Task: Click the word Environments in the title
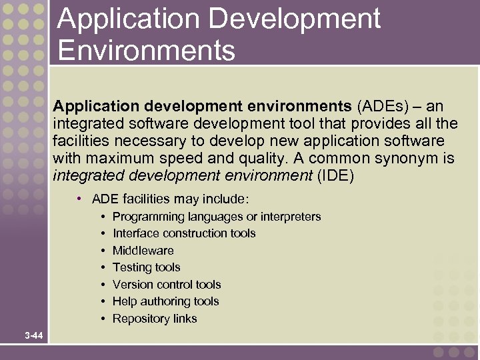(146, 50)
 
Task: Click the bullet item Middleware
(143, 251)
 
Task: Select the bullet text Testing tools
(146, 267)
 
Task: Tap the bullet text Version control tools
(167, 285)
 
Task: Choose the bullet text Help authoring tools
(165, 301)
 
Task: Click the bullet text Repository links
(155, 319)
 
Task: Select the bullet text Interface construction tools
(184, 233)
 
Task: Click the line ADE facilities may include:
(170, 199)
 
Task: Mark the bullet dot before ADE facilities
(79, 199)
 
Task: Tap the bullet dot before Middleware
(103, 251)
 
